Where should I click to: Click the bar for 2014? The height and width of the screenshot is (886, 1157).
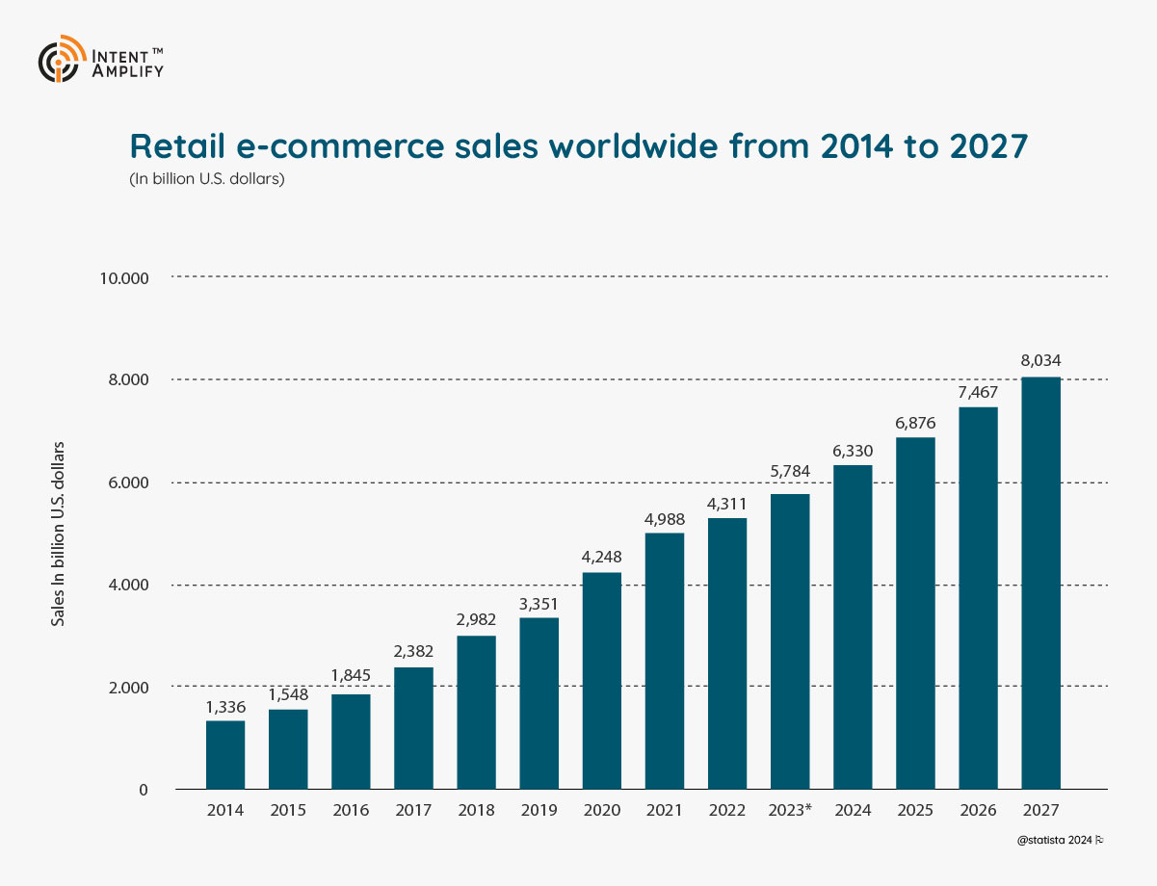click(x=225, y=755)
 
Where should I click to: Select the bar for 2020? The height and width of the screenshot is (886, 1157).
click(x=602, y=681)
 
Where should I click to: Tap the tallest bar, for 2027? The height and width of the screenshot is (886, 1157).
click(x=1040, y=583)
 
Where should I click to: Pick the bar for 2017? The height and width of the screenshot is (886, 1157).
click(x=413, y=728)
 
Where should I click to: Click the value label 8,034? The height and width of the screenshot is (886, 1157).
click(x=1040, y=361)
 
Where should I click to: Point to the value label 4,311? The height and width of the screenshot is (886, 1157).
click(x=727, y=503)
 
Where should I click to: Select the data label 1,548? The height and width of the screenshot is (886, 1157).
click(x=288, y=693)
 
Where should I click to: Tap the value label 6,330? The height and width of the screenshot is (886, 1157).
click(x=853, y=450)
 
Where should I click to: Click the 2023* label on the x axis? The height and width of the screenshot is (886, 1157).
click(x=790, y=811)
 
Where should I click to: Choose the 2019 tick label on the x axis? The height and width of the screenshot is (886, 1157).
click(x=539, y=811)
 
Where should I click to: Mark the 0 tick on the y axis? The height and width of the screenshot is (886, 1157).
click(x=143, y=790)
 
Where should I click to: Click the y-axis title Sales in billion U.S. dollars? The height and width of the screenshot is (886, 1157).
click(x=59, y=534)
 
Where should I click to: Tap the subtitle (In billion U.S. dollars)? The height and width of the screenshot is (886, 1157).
click(x=206, y=179)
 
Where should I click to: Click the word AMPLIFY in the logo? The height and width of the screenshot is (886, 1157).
click(x=128, y=70)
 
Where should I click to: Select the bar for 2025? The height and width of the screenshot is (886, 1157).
click(x=915, y=613)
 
